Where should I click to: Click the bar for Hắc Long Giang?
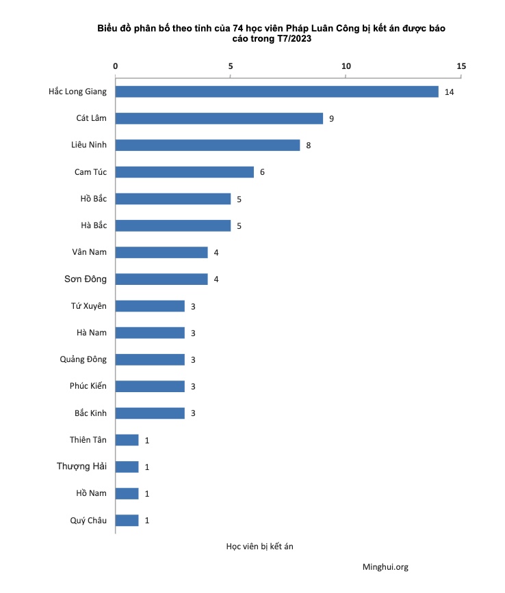[276, 92]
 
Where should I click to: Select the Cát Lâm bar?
[219, 118]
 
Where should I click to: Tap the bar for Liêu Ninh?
[207, 145]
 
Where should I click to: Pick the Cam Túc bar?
[185, 171]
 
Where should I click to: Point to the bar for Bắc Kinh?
[150, 413]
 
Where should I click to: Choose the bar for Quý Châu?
[127, 520]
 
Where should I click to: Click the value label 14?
[449, 92]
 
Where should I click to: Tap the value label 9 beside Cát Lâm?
[331, 119]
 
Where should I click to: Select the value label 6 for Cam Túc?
[262, 172]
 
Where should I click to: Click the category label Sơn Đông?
[86, 279]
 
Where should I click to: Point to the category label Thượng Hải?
[82, 467]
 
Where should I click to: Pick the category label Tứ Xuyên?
[89, 306]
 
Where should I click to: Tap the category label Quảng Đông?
[83, 359]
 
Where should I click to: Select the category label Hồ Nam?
[92, 493]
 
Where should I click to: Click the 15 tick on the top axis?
[461, 66]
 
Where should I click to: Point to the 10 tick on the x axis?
[346, 66]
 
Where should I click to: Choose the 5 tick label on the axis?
[231, 66]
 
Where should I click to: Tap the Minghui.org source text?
[385, 567]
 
